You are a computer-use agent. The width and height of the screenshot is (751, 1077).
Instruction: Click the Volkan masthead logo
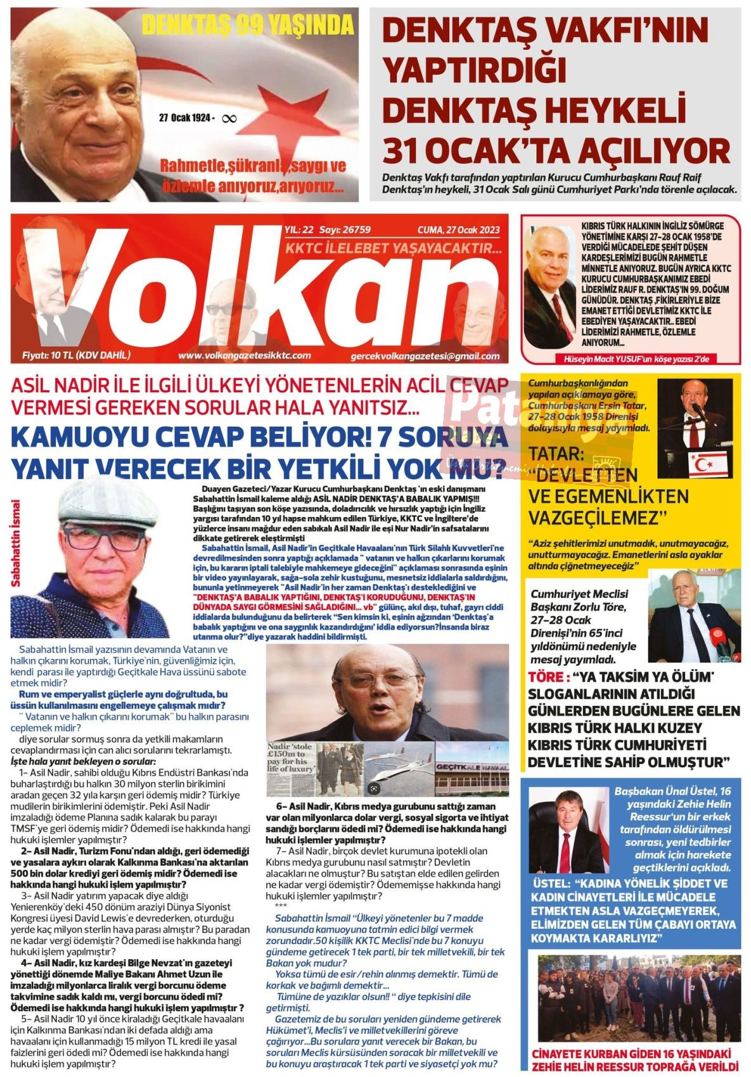click(x=254, y=291)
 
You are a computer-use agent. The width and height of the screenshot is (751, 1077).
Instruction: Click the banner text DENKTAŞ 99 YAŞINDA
click(x=247, y=25)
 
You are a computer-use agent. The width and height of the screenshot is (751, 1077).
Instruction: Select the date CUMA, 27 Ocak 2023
click(x=458, y=229)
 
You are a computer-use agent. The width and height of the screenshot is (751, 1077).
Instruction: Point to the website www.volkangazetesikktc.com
click(x=244, y=356)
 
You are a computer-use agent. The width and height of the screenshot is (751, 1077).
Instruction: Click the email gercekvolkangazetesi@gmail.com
click(x=425, y=357)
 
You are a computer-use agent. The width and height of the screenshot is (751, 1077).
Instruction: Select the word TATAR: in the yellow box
click(x=556, y=454)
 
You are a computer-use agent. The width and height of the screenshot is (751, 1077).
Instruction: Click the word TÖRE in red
click(x=544, y=677)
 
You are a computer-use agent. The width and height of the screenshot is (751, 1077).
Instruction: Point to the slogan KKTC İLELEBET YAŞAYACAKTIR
click(x=394, y=248)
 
